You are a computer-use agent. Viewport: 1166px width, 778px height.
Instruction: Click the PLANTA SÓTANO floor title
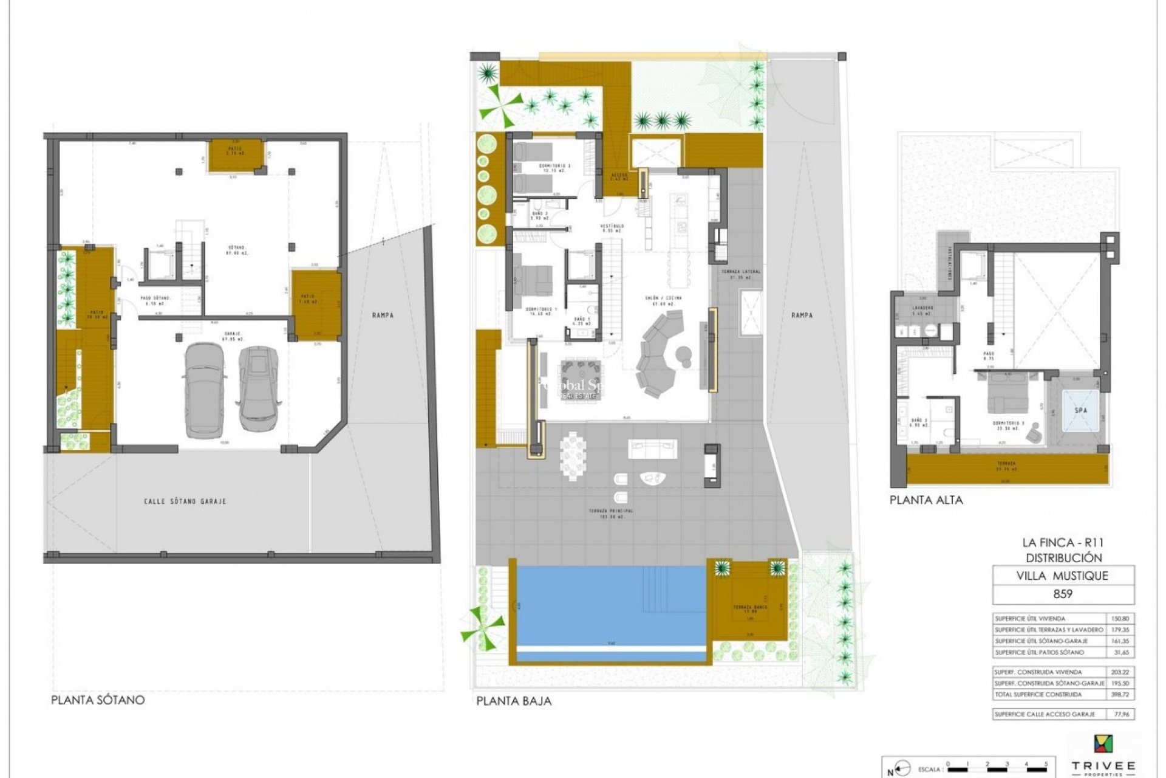pos(98,700)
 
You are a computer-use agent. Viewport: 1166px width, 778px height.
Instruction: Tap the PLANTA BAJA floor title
pos(514,701)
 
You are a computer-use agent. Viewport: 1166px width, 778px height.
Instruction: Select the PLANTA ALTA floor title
pos(926,500)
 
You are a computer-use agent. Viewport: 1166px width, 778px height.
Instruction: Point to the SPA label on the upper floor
pos(1081,410)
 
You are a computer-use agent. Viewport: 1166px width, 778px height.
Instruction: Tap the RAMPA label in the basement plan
pos(383,315)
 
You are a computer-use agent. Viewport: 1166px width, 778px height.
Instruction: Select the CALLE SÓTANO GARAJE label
pos(185,501)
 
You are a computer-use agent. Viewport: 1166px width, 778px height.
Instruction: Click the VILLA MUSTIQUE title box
pos(1063,576)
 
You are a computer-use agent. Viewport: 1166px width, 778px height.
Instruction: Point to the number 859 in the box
pos(1063,594)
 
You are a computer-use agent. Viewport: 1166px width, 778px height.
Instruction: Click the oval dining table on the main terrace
pos(573,456)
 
